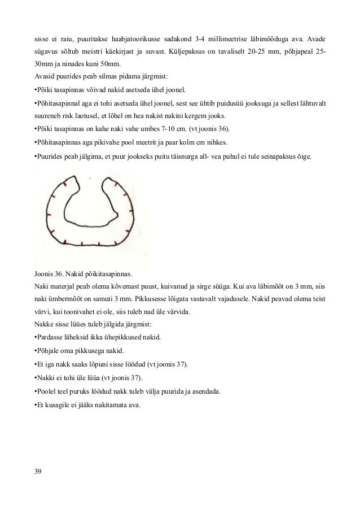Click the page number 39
click(38, 470)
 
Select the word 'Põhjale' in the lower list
click(49, 350)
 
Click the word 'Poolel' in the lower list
click(47, 391)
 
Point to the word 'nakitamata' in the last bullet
click(104, 404)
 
